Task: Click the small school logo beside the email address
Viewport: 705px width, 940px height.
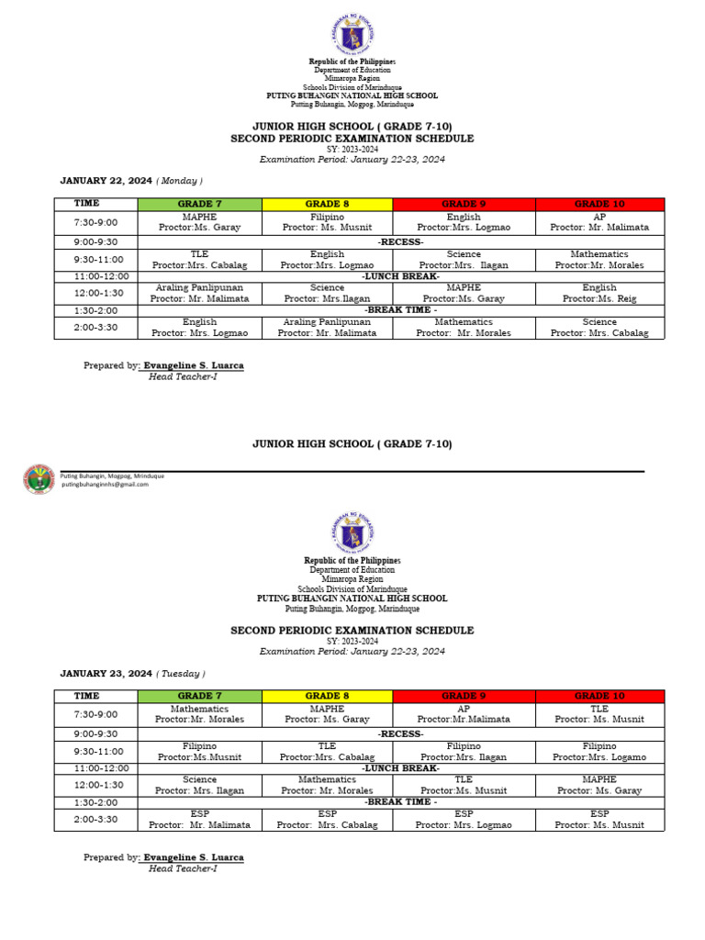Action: [x=39, y=479]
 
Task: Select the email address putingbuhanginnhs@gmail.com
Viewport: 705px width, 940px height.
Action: [x=105, y=485]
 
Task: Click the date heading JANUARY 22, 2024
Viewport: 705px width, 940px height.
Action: [x=106, y=181]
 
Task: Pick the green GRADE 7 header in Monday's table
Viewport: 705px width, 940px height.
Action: [x=199, y=204]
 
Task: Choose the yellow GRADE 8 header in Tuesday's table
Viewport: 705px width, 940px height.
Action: [x=327, y=696]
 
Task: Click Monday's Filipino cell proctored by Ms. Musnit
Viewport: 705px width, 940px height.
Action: [x=327, y=222]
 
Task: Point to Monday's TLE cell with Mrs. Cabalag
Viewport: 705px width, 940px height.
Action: [x=199, y=259]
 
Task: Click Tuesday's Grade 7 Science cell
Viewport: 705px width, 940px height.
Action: [x=199, y=784]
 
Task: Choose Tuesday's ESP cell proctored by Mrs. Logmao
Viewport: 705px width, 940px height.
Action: [x=464, y=819]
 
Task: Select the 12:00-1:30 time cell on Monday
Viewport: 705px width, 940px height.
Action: [x=95, y=293]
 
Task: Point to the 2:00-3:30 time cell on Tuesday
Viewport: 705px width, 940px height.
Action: [x=95, y=819]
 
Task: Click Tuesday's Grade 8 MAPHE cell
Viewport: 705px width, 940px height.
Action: [x=327, y=714]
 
